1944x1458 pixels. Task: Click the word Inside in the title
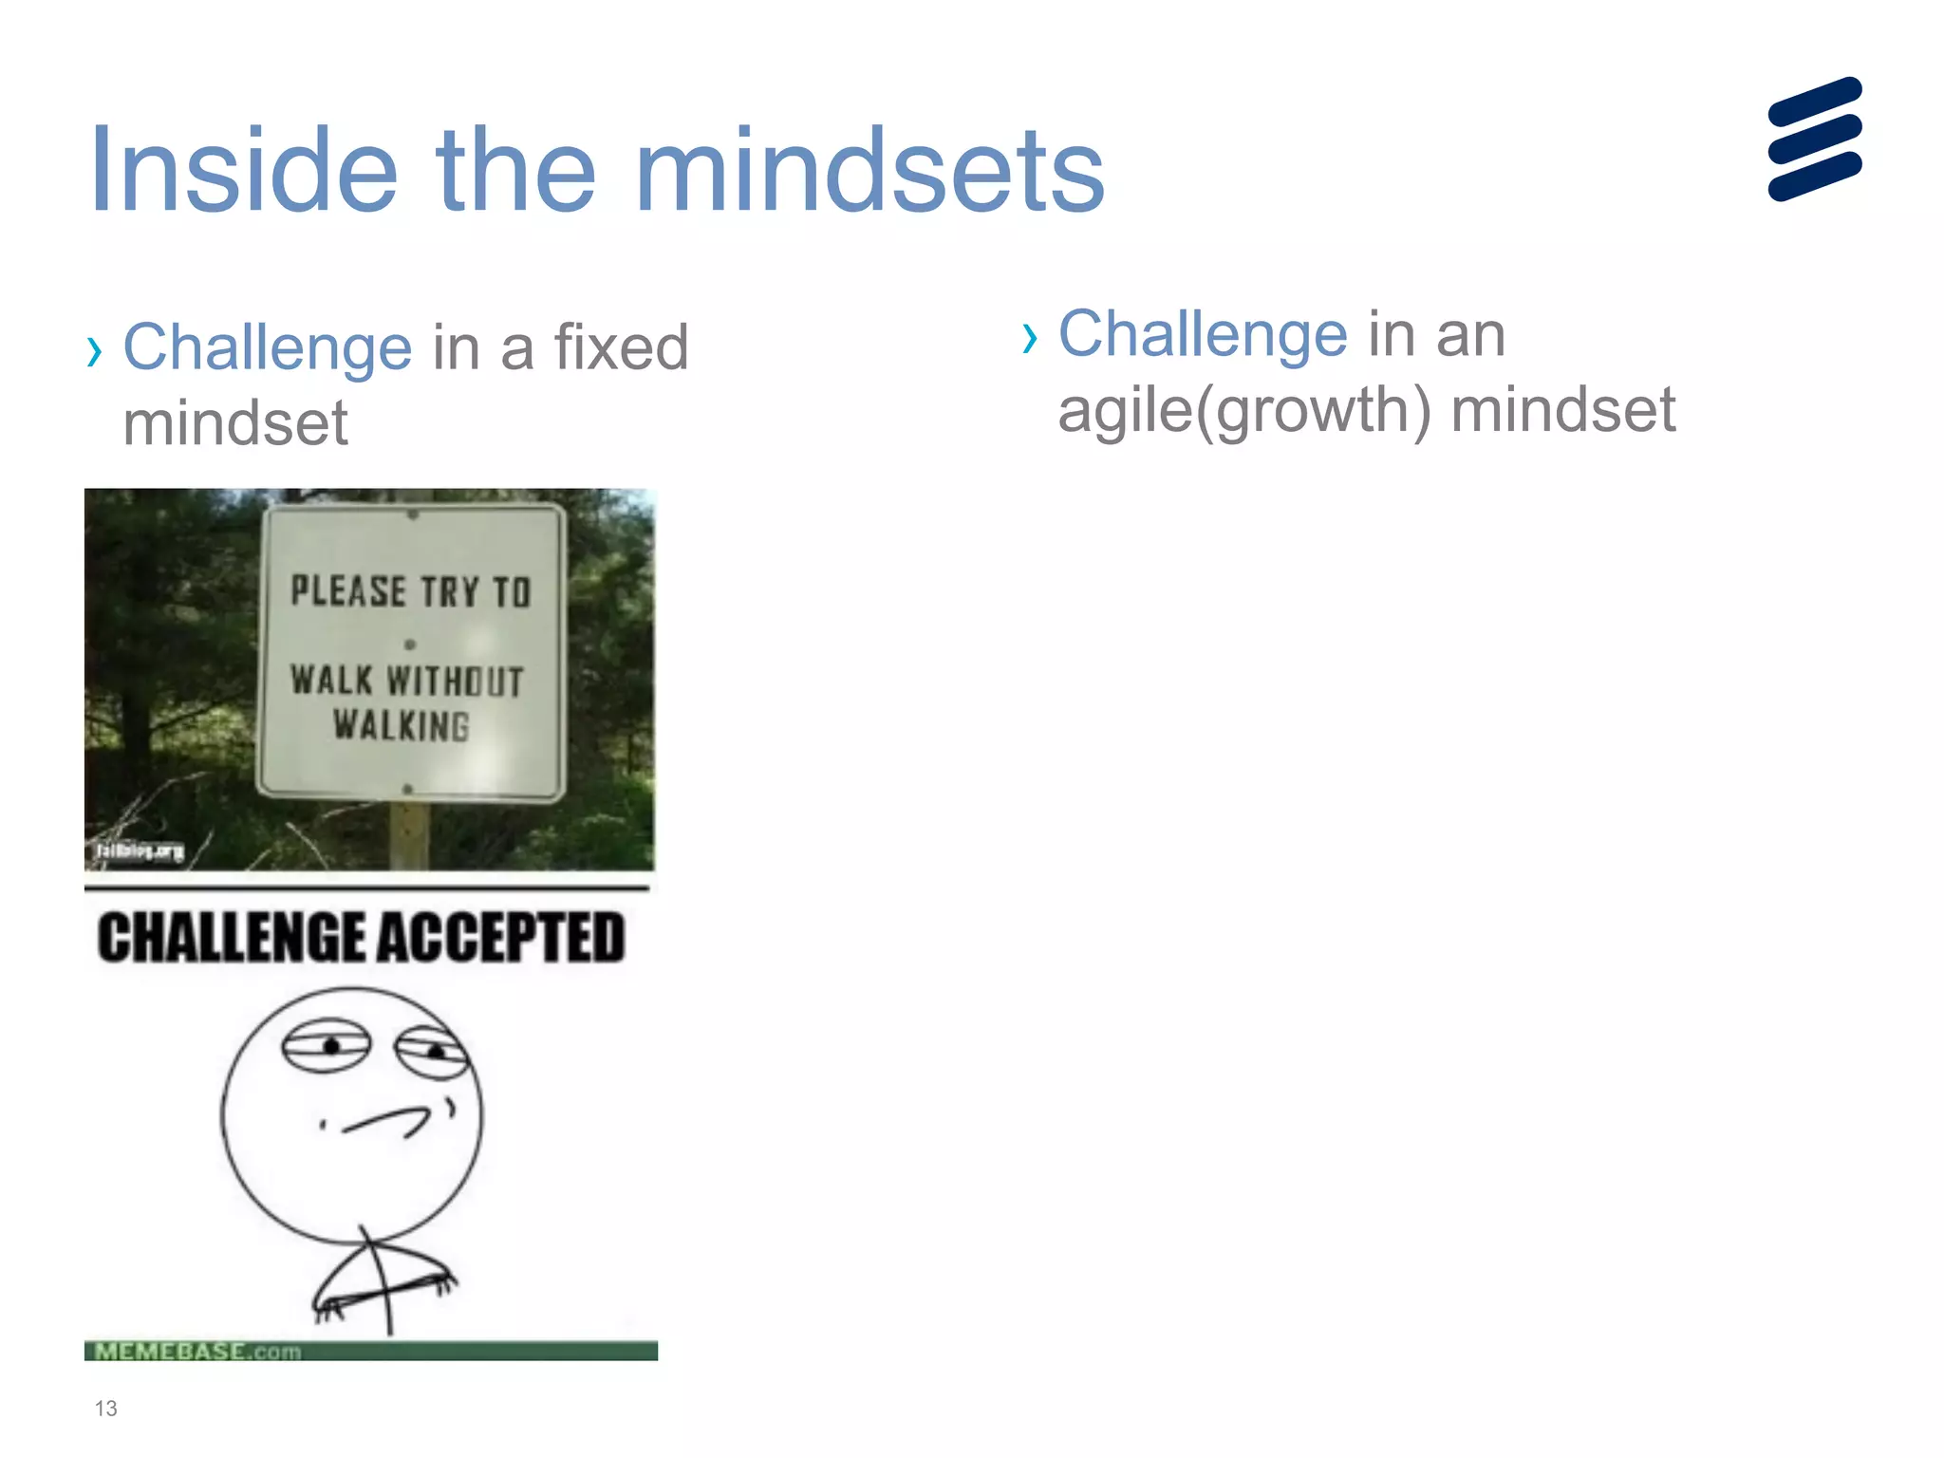click(x=243, y=171)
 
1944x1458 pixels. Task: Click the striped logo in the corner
click(x=1815, y=140)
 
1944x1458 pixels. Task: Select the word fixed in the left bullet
click(x=621, y=347)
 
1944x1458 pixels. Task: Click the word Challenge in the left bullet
click(x=268, y=347)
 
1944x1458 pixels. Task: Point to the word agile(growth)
click(x=1244, y=411)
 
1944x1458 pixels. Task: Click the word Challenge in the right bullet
click(x=1203, y=334)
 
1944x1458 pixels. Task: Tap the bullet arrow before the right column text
click(x=1030, y=337)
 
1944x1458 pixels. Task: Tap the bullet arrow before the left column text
click(x=93, y=351)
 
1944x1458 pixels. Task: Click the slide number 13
click(x=105, y=1408)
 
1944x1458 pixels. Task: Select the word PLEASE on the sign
click(x=348, y=590)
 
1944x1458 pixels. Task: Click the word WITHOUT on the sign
click(x=455, y=682)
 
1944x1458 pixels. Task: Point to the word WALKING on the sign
click(x=401, y=726)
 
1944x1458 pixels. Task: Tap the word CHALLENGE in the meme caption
click(x=232, y=938)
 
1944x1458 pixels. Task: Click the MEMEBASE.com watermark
click(x=197, y=1351)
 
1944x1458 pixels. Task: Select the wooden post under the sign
click(x=409, y=835)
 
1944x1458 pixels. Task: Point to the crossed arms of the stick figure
click(x=384, y=1286)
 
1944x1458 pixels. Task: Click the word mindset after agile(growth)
click(x=1562, y=411)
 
